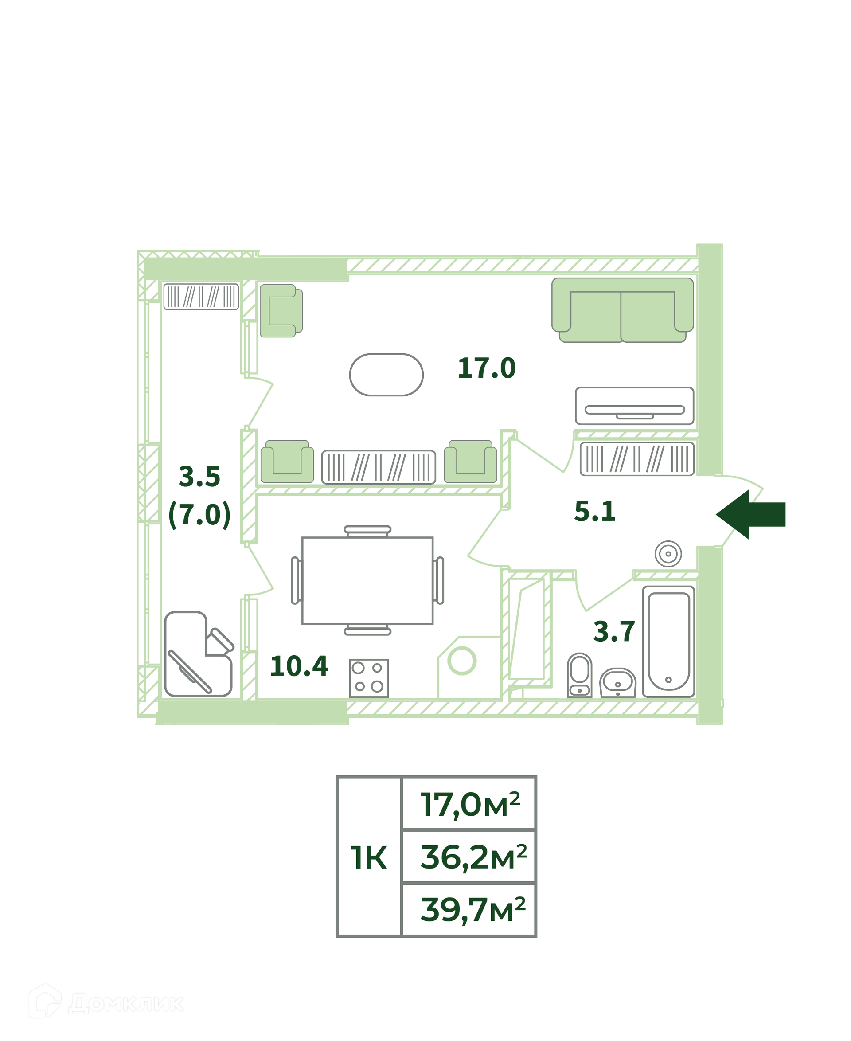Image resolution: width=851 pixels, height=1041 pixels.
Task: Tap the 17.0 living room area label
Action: tap(486, 368)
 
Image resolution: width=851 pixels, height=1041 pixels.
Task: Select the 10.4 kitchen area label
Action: tap(299, 666)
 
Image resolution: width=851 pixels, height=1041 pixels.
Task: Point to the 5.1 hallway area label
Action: tap(595, 512)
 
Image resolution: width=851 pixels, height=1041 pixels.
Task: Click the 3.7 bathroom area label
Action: tap(614, 632)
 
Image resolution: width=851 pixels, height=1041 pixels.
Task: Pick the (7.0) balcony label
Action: tap(199, 515)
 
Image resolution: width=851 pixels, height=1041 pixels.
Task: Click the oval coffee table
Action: tap(386, 375)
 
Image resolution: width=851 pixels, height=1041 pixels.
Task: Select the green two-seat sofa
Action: tap(623, 310)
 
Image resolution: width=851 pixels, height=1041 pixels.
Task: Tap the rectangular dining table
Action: tap(367, 580)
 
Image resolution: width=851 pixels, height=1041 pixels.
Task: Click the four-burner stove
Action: tap(369, 678)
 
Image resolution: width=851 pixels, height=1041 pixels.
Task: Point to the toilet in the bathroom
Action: tap(579, 675)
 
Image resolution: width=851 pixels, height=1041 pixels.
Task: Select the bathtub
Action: tap(669, 642)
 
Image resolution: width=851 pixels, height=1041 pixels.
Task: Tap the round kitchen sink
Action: tap(462, 661)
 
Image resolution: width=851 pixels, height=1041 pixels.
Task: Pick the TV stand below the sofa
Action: tap(634, 406)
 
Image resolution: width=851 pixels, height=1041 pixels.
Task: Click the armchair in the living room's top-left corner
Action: tap(281, 311)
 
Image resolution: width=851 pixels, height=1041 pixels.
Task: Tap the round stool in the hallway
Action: tap(668, 554)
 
